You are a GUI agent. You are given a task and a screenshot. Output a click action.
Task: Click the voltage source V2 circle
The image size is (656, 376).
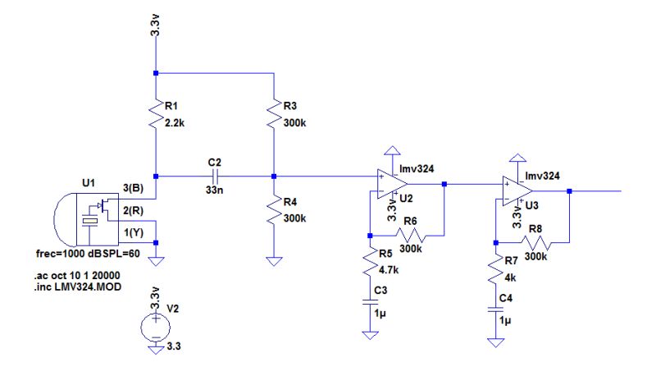pyautogui.click(x=156, y=328)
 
